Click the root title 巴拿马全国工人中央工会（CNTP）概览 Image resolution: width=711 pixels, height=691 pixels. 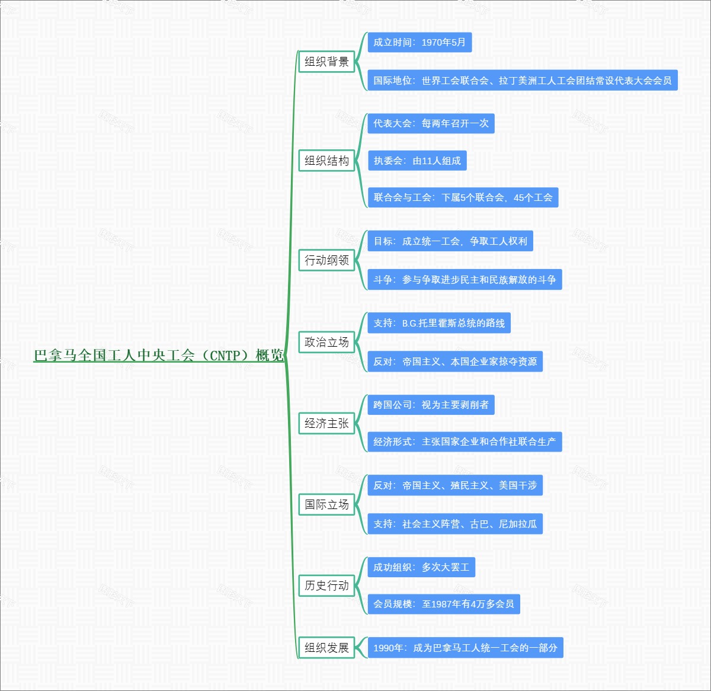click(159, 356)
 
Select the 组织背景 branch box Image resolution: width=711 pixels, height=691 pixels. click(326, 62)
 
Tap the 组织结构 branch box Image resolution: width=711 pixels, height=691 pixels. click(326, 161)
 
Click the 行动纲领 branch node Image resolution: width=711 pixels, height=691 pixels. click(326, 260)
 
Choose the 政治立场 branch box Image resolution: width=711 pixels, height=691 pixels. click(326, 342)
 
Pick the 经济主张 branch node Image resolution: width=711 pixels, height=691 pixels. click(326, 423)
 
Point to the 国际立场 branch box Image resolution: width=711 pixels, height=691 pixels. click(326, 504)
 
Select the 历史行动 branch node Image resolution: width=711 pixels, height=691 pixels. click(326, 586)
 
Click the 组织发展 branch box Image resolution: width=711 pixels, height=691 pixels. click(326, 648)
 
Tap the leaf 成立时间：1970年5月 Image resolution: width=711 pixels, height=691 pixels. click(419, 43)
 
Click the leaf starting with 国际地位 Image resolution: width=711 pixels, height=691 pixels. click(522, 81)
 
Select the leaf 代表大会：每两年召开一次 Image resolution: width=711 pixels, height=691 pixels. click(431, 124)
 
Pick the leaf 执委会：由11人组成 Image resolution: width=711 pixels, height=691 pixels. click(417, 161)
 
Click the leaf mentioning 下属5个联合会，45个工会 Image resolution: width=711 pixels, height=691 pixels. click(463, 197)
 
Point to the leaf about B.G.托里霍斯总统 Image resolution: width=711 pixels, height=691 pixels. click(439, 323)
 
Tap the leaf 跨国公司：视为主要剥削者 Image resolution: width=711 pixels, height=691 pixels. click(431, 405)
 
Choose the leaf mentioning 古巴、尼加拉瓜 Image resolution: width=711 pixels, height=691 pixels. click(455, 524)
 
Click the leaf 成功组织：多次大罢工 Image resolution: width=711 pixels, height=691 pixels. click(421, 567)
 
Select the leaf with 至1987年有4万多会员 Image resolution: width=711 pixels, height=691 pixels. click(444, 604)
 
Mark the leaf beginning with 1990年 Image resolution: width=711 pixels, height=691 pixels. click(465, 648)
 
